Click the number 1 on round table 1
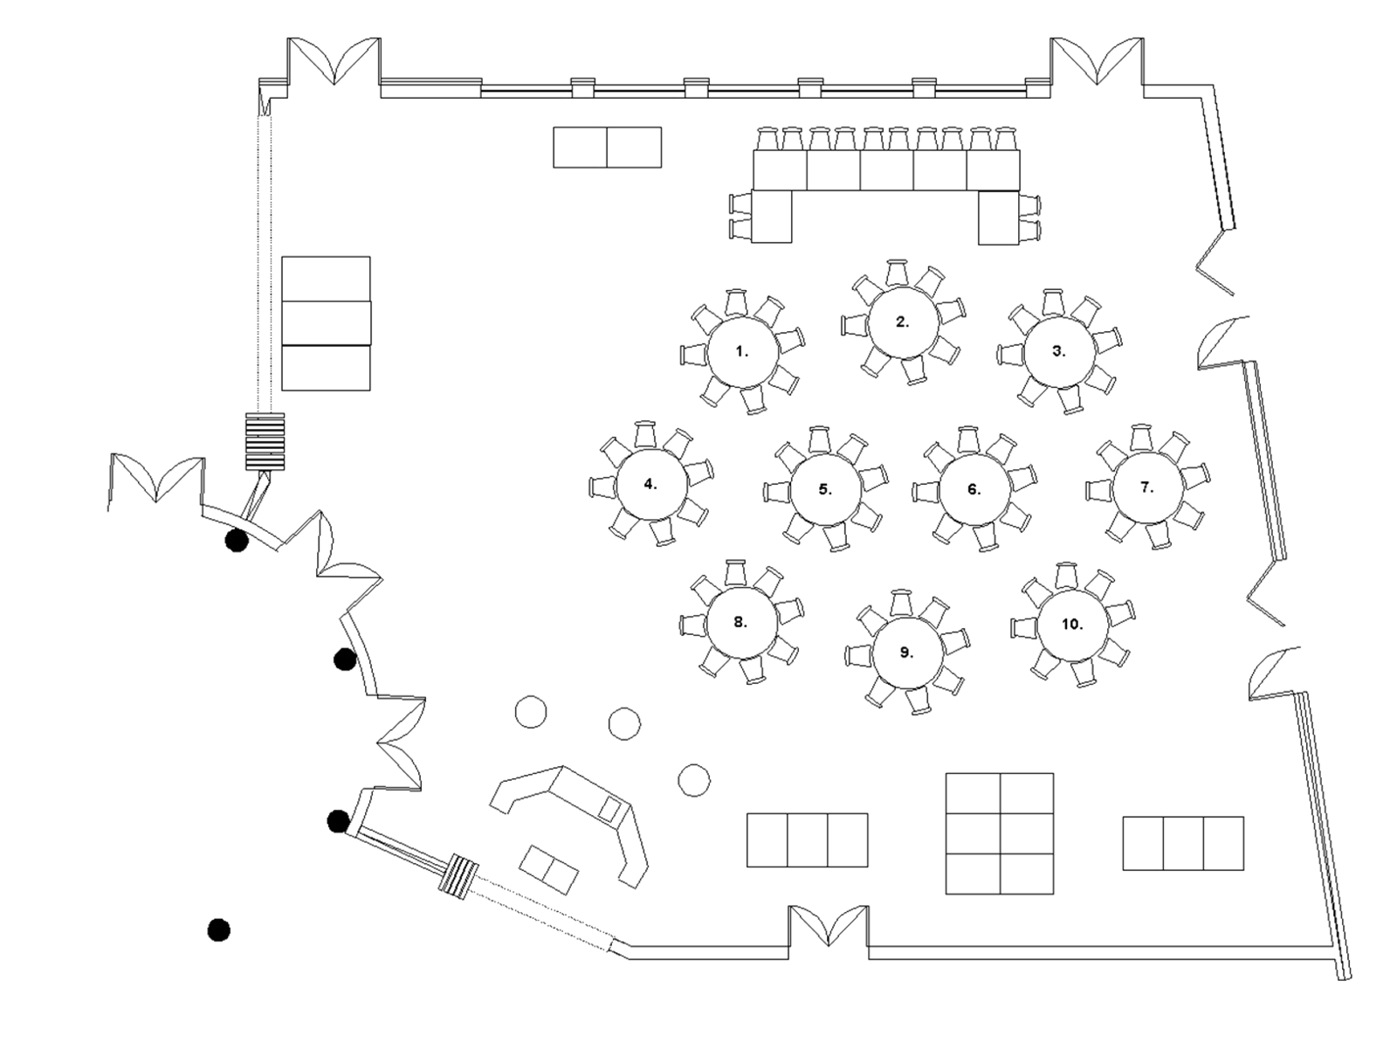(x=742, y=352)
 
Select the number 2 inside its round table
(x=902, y=321)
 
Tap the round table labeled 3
(x=1058, y=351)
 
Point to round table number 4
(x=650, y=484)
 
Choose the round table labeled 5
(x=825, y=489)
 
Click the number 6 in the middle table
(x=974, y=488)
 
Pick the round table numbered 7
(x=1146, y=487)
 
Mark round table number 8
(x=740, y=623)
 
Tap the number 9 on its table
(x=905, y=652)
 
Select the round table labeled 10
(x=1072, y=625)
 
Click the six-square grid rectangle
(x=1000, y=833)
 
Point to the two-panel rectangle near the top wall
(x=608, y=147)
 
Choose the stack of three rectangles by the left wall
(x=327, y=324)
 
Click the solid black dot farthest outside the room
(x=218, y=929)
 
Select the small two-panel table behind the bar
(x=547, y=869)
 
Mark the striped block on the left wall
(x=265, y=442)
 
